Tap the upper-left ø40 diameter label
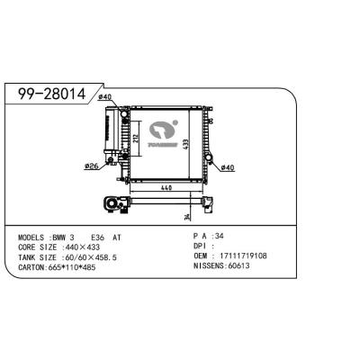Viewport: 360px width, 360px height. (x=104, y=97)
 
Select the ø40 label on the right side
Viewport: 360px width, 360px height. (x=227, y=168)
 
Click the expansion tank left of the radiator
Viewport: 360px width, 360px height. (x=112, y=135)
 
